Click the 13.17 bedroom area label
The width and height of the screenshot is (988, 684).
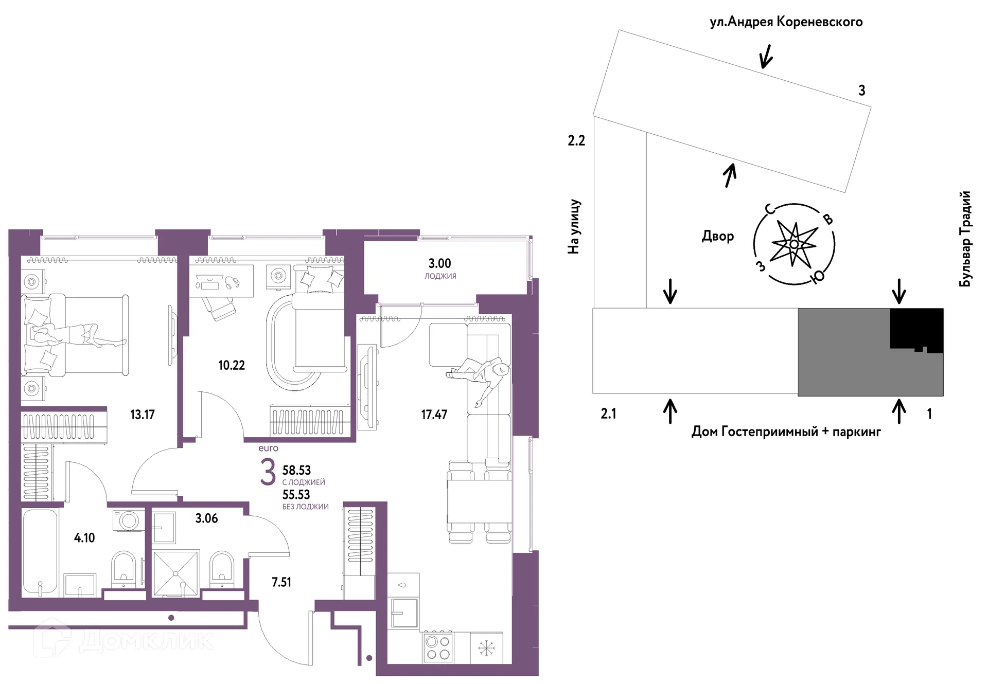(142, 415)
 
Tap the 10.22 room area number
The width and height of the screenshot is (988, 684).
(232, 365)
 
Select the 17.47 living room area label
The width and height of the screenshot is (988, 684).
(434, 415)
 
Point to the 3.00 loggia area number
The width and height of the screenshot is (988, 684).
(440, 263)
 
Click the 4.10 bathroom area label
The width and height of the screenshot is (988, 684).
(84, 538)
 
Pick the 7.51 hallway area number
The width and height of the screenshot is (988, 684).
(281, 582)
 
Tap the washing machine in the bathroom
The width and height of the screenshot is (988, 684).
(128, 520)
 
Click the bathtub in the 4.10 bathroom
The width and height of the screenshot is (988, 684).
(40, 553)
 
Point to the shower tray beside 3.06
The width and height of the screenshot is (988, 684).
(176, 574)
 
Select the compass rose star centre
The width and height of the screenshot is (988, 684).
(794, 244)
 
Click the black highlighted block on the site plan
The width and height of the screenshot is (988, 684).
(916, 329)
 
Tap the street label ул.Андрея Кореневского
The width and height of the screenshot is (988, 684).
(786, 22)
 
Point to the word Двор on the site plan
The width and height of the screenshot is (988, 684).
(718, 236)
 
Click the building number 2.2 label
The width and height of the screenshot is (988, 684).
(576, 140)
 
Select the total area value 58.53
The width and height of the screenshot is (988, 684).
(297, 470)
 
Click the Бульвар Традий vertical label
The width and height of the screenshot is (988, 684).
(966, 239)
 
